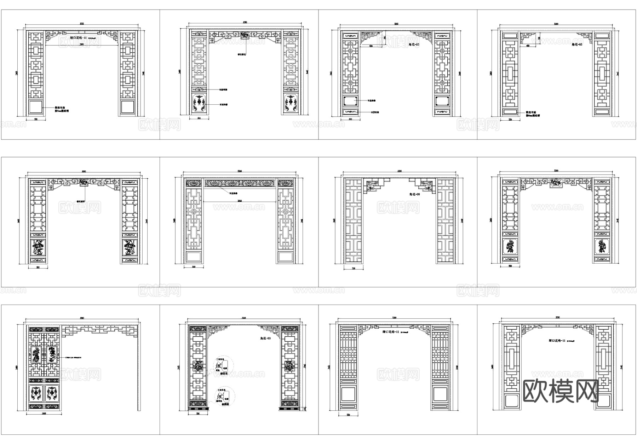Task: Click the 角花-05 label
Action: point(577,45)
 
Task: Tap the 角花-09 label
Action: point(414,194)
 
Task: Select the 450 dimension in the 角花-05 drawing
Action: point(527,46)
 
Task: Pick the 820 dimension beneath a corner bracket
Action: point(371,46)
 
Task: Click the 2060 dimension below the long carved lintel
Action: point(240,201)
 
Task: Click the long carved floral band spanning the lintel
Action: point(240,183)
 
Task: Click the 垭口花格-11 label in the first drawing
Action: point(78,38)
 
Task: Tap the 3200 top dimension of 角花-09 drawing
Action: point(399,171)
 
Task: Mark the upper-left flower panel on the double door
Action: point(36,355)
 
